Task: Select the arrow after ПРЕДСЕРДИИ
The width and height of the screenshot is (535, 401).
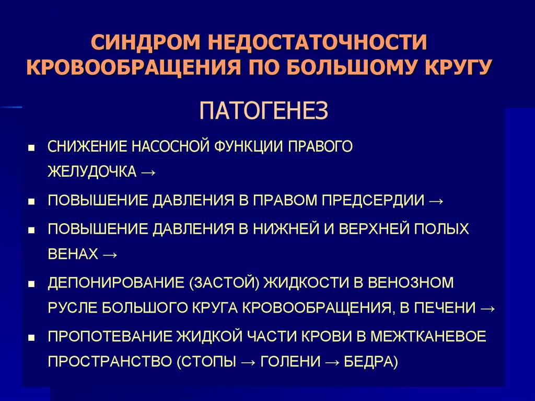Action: click(436, 201)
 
